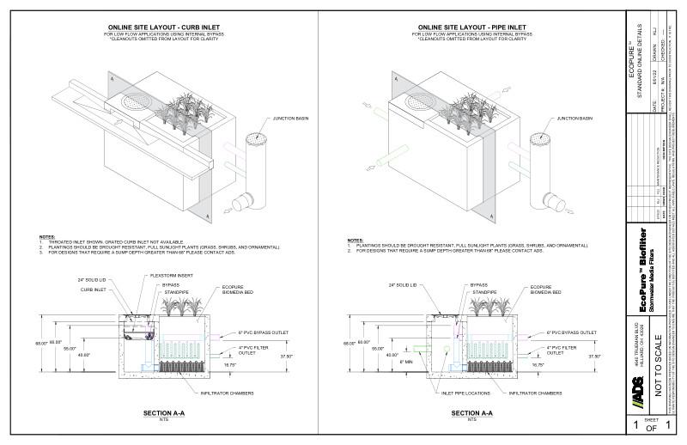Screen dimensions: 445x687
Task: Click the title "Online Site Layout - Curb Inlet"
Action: (161, 27)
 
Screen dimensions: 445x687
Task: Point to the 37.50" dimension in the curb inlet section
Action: (287, 355)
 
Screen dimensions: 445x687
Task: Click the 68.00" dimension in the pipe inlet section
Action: (350, 342)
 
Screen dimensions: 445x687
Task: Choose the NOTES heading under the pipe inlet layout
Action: (355, 239)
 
